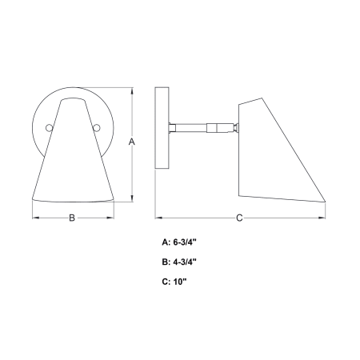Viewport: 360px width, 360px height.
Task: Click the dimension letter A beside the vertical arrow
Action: [x=132, y=142]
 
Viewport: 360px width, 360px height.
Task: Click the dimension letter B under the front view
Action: [x=72, y=218]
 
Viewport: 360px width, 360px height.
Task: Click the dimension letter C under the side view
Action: [x=239, y=218]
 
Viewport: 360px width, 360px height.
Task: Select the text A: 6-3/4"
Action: [x=179, y=242]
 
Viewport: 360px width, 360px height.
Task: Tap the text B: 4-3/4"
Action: [x=179, y=262]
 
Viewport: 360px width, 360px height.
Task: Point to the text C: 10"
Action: [x=174, y=282]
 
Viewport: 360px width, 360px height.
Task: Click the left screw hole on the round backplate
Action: [x=49, y=128]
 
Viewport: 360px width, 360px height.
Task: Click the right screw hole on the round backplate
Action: [x=97, y=128]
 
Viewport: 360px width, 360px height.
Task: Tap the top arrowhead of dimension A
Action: [x=132, y=91]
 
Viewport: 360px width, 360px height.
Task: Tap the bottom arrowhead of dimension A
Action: [x=132, y=198]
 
